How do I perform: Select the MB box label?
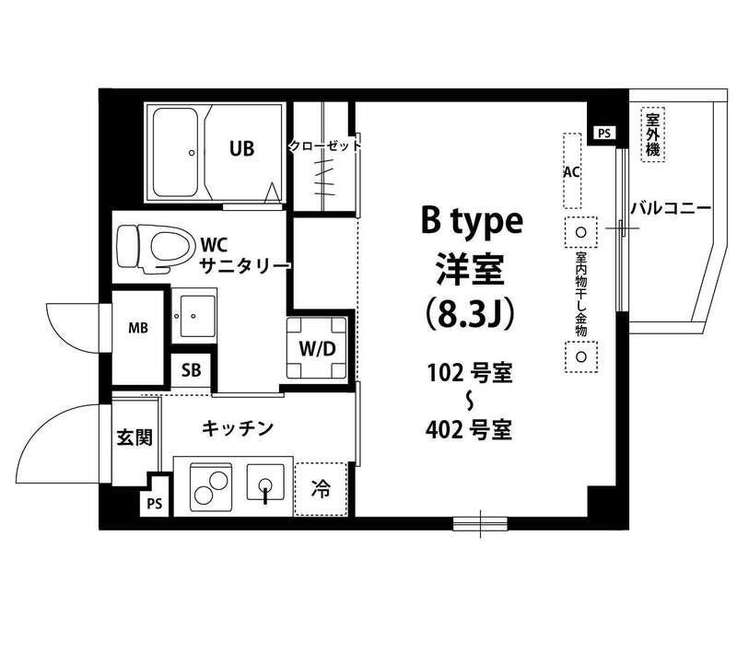click(x=138, y=327)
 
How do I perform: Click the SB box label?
click(x=191, y=371)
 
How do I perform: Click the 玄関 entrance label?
click(x=134, y=437)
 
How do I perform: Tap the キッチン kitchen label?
click(x=238, y=427)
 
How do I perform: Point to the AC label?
click(x=571, y=171)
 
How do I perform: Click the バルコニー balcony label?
click(x=670, y=209)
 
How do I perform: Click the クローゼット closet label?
click(x=323, y=146)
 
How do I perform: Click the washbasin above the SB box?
click(x=193, y=316)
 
